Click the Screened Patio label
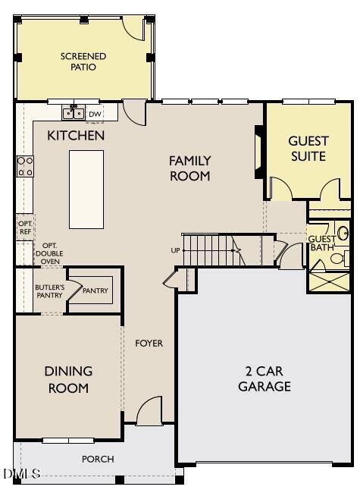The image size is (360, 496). coord(83,61)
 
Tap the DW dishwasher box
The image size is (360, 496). coord(95,114)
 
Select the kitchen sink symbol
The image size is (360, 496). coord(74,114)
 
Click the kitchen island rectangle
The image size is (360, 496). coord(86,189)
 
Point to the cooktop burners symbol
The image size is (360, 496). coord(25,166)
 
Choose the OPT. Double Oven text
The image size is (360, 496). coord(50,253)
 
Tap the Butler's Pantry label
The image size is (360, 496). coord(49,291)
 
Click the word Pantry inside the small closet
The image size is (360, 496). coord(95,290)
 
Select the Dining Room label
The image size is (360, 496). coord(67,379)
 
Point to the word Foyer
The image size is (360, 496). coord(149,344)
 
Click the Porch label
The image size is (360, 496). coord(98,459)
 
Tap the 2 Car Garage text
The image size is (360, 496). coord(265,378)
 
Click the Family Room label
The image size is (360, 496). coord(189,168)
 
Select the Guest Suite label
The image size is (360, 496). coord(308,149)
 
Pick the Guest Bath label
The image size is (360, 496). coord(321,243)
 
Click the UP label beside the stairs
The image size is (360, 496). coord(175,250)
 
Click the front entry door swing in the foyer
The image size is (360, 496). coord(149,411)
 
